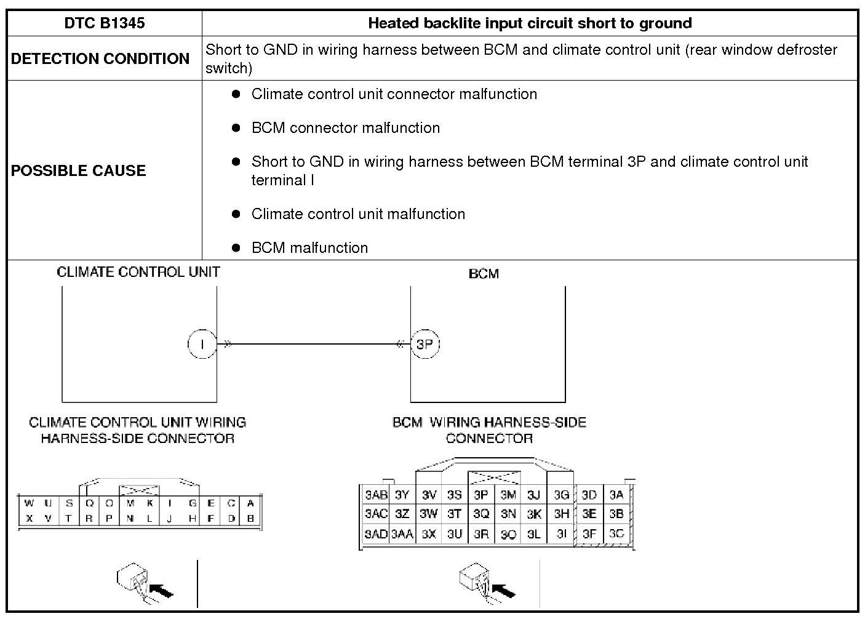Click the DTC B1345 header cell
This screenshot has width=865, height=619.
coord(105,23)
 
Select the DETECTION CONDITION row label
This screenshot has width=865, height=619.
coord(100,58)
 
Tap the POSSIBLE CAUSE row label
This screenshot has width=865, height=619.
coord(78,170)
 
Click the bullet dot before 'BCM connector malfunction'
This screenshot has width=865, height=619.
coord(236,128)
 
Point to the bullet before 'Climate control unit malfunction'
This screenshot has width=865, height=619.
coord(236,214)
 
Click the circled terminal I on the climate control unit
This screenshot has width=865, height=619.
coord(202,344)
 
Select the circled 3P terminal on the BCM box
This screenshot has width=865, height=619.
coord(425,344)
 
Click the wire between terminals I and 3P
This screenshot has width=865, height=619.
coord(314,344)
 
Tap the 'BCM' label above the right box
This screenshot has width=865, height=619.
coord(484,274)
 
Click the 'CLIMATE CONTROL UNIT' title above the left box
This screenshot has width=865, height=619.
coord(138,272)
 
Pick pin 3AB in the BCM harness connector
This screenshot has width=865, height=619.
coord(376,495)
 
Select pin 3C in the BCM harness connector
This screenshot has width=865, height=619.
coord(616,533)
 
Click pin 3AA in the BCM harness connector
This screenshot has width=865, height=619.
coord(402,534)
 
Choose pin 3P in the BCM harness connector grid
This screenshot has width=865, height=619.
coord(481,495)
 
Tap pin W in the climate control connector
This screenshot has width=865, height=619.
coord(28,503)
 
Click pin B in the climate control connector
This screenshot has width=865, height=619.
coord(250,518)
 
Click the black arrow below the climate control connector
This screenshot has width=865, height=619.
coord(161,591)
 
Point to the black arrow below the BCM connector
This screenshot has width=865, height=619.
coord(503,591)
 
